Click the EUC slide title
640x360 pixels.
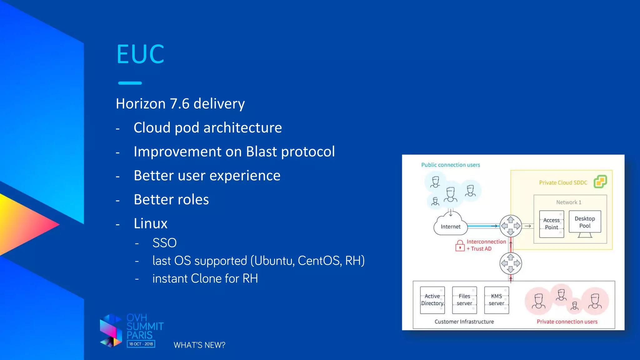click(x=140, y=54)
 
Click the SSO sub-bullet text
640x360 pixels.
click(x=164, y=243)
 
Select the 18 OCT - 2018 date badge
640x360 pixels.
click(x=141, y=344)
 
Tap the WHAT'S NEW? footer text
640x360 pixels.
click(x=199, y=345)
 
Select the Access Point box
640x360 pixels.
click(x=552, y=224)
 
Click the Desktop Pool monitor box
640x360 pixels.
click(x=585, y=222)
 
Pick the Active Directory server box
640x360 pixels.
click(x=432, y=300)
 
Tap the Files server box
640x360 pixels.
click(x=464, y=300)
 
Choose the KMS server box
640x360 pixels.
click(x=497, y=300)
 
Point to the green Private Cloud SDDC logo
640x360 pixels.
click(x=600, y=182)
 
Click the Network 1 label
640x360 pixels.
click(x=569, y=202)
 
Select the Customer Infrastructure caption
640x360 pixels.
click(x=464, y=322)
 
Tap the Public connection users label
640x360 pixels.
click(x=450, y=165)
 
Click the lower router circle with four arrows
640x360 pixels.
click(x=511, y=263)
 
